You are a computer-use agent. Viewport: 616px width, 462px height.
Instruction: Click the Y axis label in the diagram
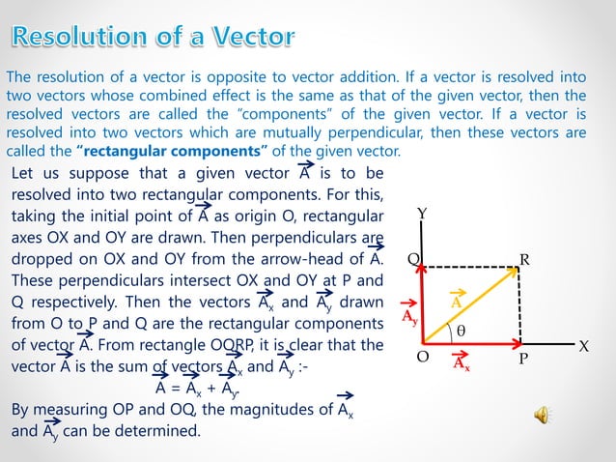[x=423, y=212]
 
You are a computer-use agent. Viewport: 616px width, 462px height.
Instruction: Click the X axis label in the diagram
[x=583, y=345]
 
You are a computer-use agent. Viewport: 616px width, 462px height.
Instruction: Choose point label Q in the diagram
[x=412, y=259]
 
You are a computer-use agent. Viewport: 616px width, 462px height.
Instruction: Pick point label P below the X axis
[x=521, y=360]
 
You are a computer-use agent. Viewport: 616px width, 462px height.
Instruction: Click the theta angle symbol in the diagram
[x=461, y=330]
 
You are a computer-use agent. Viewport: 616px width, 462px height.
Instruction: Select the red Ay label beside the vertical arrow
[x=410, y=317]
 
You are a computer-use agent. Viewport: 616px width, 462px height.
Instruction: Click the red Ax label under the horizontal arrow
[x=462, y=365]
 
